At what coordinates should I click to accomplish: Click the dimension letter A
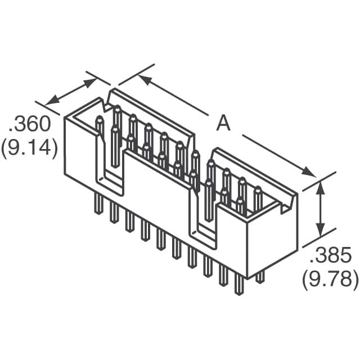coord(224,124)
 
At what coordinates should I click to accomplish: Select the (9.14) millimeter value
coord(29,148)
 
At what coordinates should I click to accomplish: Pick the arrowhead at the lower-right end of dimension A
coord(310,172)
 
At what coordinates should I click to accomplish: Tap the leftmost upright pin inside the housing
coord(100,127)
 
